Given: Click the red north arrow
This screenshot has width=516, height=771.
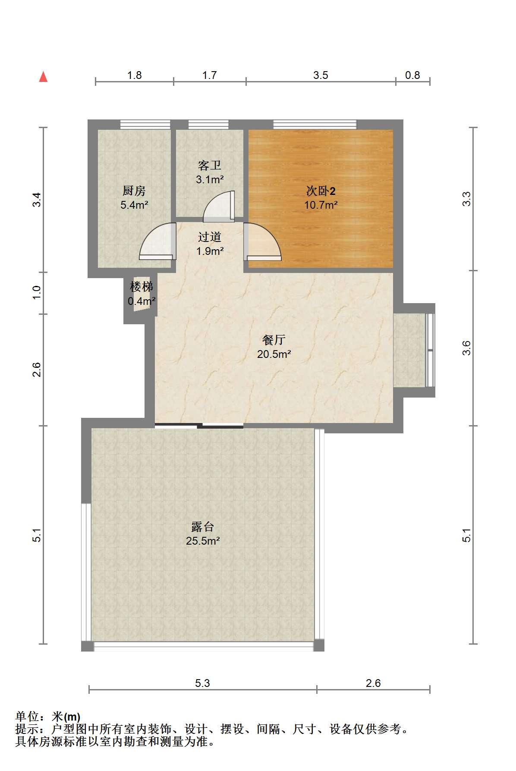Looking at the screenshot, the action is tap(43, 77).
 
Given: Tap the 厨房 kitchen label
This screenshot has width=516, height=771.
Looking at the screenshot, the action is tap(134, 190).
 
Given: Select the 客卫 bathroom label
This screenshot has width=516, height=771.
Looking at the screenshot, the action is tap(210, 165).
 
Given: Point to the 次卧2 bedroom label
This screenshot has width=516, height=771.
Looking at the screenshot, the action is tap(321, 190).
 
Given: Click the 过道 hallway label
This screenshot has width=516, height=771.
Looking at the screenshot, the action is tap(210, 237).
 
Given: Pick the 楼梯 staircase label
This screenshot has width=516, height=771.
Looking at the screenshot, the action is tap(142, 286).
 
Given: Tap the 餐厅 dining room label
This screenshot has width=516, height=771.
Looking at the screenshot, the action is tap(274, 340).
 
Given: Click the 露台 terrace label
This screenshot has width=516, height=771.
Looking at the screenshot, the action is tap(203, 527).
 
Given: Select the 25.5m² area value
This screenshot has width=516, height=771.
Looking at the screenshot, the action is tap(203, 541).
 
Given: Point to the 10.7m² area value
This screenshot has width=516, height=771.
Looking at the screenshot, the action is tap(321, 204).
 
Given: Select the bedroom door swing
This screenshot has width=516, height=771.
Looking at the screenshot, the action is tap(262, 241).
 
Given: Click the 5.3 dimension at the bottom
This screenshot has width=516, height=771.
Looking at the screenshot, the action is tap(202, 683).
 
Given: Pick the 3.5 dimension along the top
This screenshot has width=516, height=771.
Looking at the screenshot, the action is tap(321, 75).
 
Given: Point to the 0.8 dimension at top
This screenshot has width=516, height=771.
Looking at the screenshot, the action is tap(412, 75).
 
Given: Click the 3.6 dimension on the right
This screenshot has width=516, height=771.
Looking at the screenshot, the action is tap(466, 348).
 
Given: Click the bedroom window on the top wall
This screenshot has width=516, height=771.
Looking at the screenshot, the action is tap(315, 124).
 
